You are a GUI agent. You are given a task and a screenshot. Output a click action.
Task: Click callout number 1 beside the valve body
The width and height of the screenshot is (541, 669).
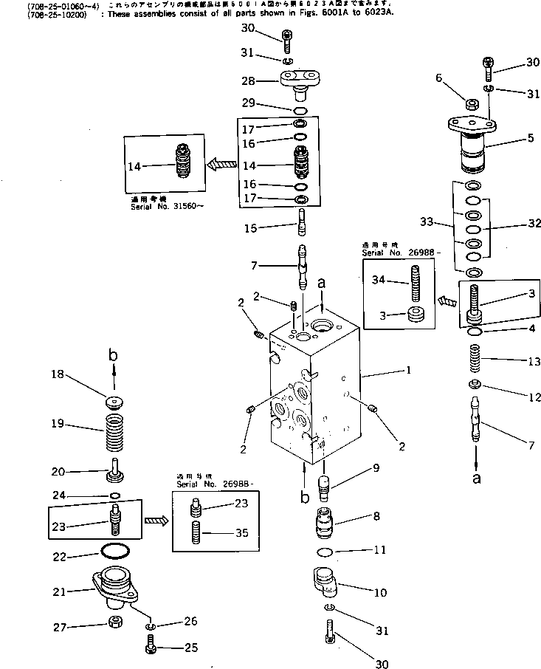pyautogui.click(x=408, y=371)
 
